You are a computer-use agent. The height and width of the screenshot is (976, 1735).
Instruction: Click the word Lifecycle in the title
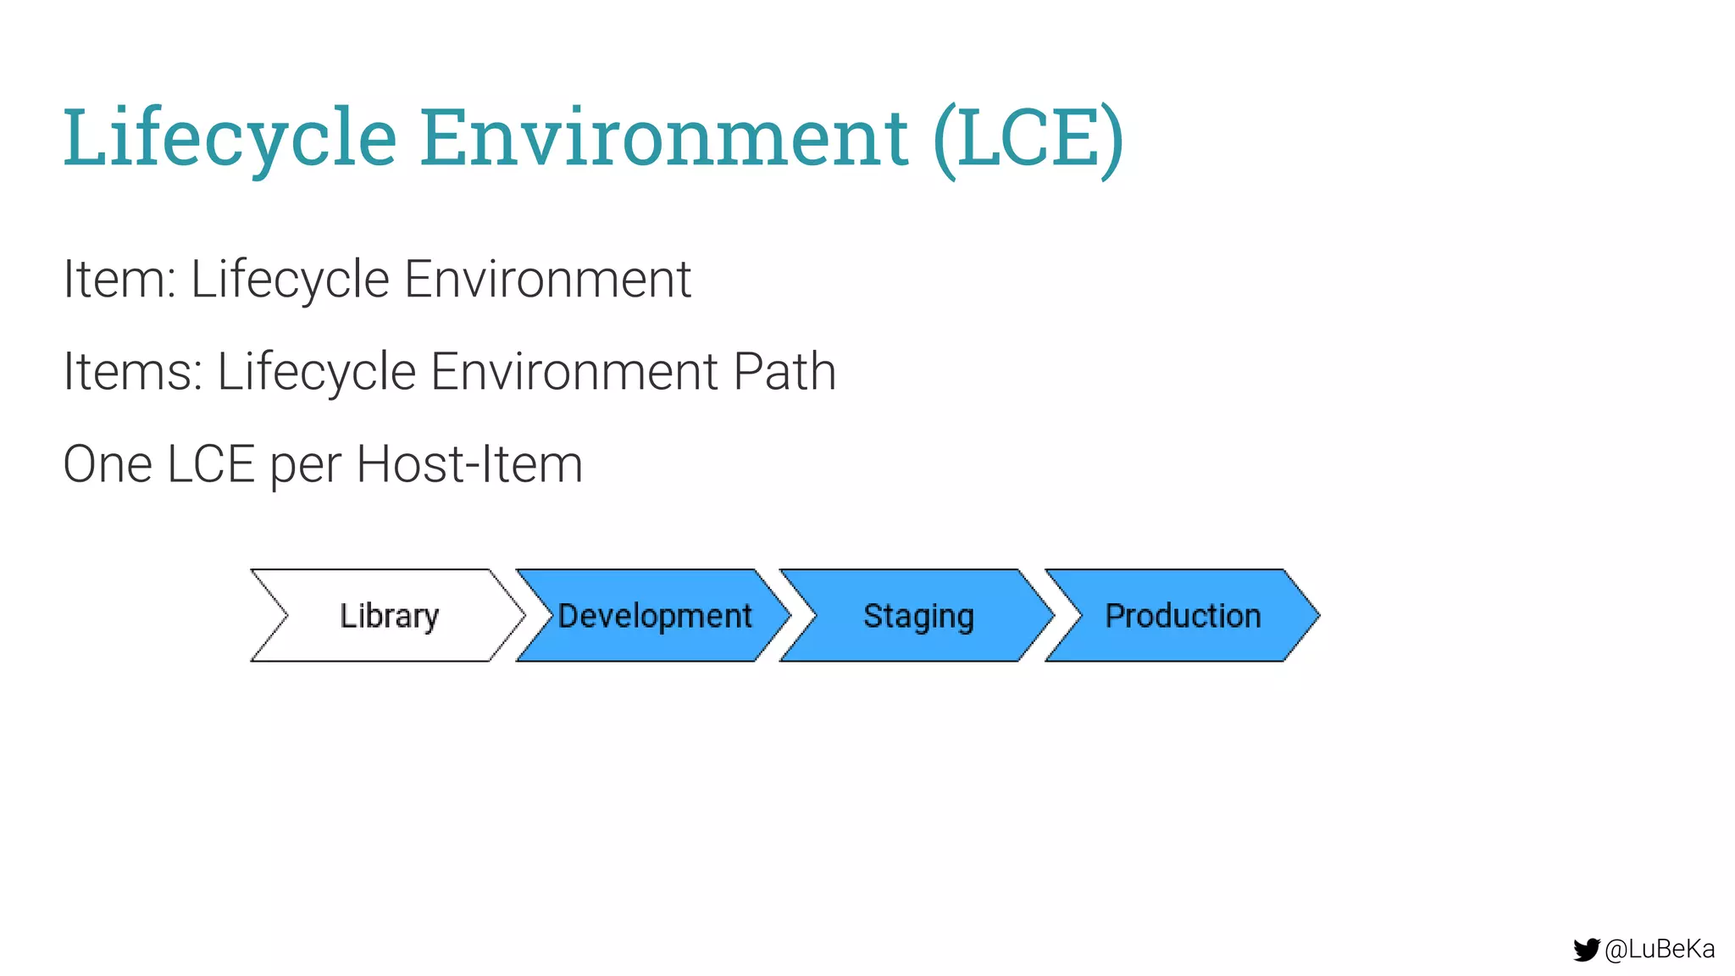[x=230, y=138]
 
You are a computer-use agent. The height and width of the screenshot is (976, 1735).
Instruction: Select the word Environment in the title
[x=664, y=138]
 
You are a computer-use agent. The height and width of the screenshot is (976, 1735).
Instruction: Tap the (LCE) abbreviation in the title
[x=1028, y=138]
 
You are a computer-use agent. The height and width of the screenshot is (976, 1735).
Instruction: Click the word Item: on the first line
[x=119, y=279]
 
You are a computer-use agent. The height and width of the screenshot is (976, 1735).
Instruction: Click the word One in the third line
[x=108, y=464]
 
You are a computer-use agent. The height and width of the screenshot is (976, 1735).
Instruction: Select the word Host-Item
[x=469, y=464]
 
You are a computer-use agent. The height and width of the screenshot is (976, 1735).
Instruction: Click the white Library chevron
[x=389, y=615]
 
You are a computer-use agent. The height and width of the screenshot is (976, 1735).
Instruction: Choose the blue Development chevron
[x=654, y=615]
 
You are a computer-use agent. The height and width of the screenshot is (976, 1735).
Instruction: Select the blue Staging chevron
[x=918, y=615]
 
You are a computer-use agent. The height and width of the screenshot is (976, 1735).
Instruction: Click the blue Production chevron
[x=1183, y=615]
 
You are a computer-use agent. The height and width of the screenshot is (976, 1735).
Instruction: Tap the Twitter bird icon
[x=1586, y=950]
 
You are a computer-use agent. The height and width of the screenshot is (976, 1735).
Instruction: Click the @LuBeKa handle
[x=1660, y=950]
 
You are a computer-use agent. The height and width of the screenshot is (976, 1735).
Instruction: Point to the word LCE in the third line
[x=211, y=464]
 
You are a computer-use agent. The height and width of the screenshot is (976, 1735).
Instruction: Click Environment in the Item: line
[x=547, y=279]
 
